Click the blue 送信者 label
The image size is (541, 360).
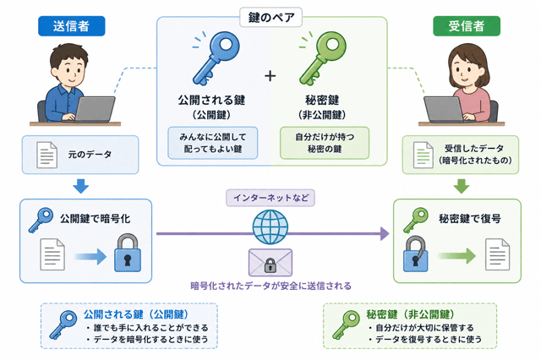71,26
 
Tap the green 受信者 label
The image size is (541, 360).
467,26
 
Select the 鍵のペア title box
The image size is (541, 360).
270,17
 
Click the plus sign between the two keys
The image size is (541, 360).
270,75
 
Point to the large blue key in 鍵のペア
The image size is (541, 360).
216,58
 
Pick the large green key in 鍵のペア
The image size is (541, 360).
322,58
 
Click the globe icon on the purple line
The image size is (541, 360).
270,226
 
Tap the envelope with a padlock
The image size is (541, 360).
270,263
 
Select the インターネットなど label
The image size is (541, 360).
270,198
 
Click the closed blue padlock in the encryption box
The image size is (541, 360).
128,254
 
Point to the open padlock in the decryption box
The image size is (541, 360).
415,254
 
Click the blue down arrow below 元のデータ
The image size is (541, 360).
81,186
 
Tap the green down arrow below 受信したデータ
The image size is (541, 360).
462,186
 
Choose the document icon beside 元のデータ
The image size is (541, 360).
47,155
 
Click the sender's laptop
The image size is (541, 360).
94,109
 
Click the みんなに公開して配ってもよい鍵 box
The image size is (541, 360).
213,143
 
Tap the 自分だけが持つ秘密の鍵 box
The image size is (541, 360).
325,143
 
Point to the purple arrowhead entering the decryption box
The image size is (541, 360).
385,234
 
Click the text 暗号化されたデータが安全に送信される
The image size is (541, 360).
270,286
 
